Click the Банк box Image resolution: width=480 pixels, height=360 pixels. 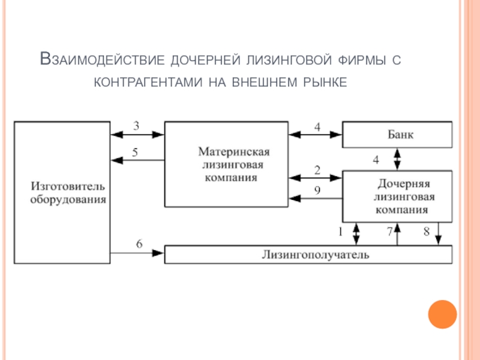pos(397,134)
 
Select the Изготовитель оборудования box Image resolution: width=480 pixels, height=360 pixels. pos(62,192)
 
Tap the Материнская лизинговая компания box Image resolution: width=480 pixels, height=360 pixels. pos(226,164)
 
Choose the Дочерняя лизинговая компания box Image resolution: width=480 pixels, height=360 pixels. pos(397,196)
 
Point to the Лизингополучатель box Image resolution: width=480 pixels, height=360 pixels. pos(308,254)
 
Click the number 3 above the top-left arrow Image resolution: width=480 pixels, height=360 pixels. pos(136,126)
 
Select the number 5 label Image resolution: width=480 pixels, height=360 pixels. pos(135,152)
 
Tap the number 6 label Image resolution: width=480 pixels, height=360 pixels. pos(139,244)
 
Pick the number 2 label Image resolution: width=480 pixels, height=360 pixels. pos(317,170)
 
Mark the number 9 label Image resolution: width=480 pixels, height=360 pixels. pos(317,190)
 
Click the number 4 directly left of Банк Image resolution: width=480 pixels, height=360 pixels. pos(317,127)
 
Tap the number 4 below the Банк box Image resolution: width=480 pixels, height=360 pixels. pos(376,160)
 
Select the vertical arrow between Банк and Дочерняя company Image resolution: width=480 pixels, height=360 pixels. pos(397,159)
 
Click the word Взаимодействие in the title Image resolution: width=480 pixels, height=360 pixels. pos(101,60)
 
